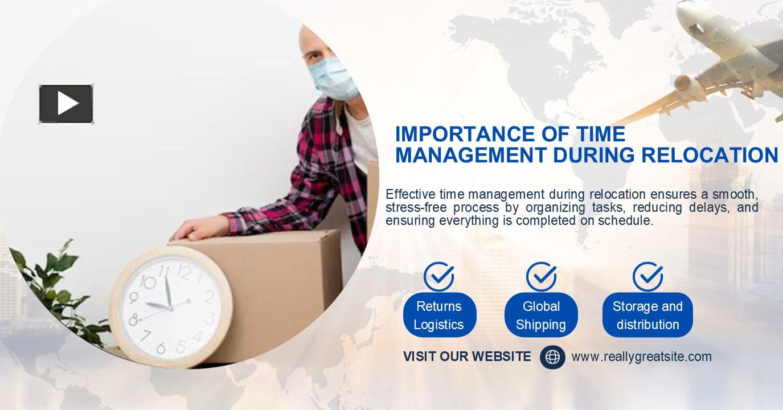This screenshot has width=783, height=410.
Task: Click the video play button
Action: [x=66, y=104]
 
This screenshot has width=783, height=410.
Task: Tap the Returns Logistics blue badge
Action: [x=439, y=315]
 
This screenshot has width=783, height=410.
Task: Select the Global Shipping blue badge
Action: [x=541, y=315]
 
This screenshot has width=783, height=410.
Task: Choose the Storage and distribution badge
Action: [x=647, y=315]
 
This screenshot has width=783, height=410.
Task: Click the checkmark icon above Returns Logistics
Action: [x=439, y=277]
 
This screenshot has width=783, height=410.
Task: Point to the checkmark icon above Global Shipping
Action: [x=541, y=277]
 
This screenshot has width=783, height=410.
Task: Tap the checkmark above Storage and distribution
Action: [x=647, y=277]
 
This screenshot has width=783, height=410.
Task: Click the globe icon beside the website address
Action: [x=552, y=357]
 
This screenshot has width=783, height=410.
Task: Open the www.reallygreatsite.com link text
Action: [x=641, y=357]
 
